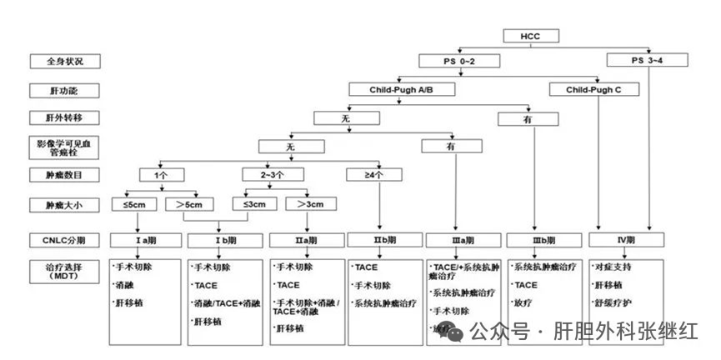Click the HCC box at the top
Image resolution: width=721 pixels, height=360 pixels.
[x=530, y=36]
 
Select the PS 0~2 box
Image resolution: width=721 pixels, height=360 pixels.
[x=459, y=62]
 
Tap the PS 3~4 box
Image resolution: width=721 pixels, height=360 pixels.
[x=647, y=60]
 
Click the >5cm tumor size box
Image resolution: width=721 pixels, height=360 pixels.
[x=190, y=204]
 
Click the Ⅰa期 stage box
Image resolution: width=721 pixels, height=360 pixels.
[x=145, y=241]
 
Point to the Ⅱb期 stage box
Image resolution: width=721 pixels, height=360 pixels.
[x=381, y=241]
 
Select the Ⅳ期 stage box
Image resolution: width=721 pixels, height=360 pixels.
[x=625, y=240]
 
